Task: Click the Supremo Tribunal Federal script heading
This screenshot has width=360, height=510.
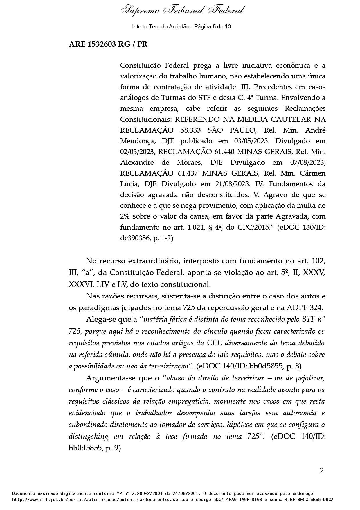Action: click(182, 11)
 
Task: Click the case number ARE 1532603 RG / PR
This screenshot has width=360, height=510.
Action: click(108, 44)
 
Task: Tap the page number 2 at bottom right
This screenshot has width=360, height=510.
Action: click(321, 470)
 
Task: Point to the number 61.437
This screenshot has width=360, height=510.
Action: click(188, 173)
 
